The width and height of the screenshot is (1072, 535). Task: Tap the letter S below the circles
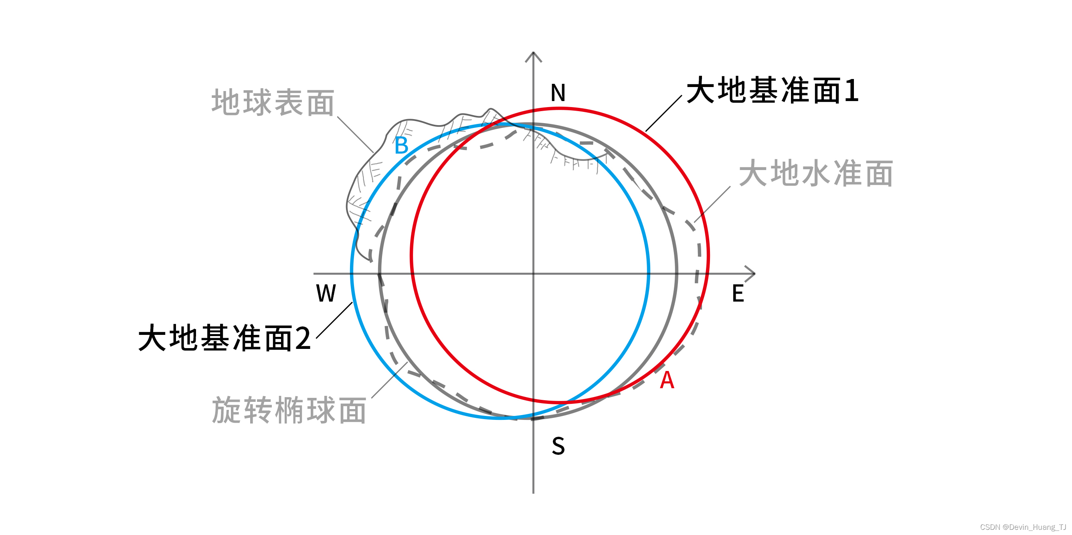point(558,446)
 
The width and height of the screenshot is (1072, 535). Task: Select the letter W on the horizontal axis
point(326,294)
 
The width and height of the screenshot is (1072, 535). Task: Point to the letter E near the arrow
point(738,294)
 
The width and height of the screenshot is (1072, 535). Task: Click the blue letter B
point(401,146)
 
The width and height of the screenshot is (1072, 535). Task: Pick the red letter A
point(667,380)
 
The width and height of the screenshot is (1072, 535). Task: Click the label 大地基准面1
point(772,90)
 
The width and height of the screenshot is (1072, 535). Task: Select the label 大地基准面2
point(225,338)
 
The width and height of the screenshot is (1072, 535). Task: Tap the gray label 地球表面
point(273,102)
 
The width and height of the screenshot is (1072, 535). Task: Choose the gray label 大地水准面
point(816,173)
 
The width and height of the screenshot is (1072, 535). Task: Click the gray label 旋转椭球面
point(289,411)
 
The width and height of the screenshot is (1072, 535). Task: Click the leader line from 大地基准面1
point(663,113)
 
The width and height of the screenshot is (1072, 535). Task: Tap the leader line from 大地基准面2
point(334,320)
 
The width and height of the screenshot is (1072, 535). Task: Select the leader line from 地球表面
point(355,134)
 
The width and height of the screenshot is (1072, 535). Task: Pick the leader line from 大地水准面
point(712,204)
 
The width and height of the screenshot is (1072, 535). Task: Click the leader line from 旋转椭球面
point(389,380)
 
